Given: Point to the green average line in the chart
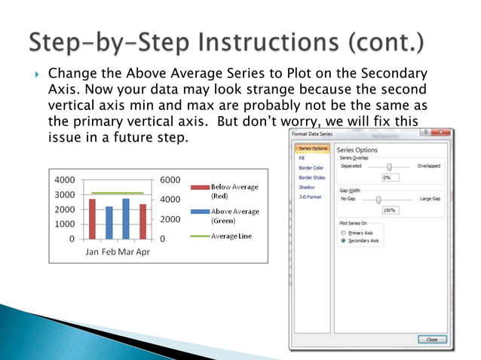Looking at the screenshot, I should [117, 194].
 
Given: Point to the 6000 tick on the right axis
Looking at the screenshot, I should [170, 180].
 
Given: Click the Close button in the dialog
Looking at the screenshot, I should [431, 340].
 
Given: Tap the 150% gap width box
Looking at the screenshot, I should [391, 210].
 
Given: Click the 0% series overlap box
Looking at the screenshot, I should [391, 177].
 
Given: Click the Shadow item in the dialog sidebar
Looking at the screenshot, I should [306, 187].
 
